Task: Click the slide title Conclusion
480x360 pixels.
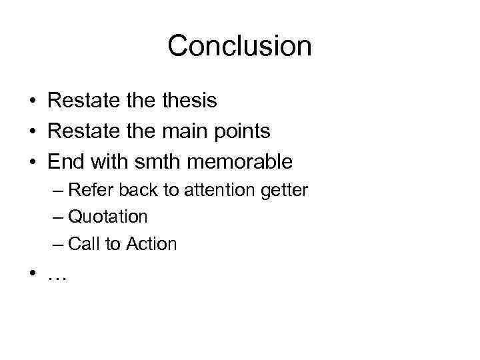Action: [239, 46]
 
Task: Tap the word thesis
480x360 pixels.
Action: [189, 101]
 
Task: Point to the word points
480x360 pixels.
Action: [243, 132]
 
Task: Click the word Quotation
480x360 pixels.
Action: [108, 217]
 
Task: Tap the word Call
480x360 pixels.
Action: [83, 244]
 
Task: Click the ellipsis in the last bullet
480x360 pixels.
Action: [57, 275]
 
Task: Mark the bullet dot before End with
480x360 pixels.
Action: [32, 162]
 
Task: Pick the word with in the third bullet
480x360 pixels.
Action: [107, 161]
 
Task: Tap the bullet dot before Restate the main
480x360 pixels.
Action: [32, 132]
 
